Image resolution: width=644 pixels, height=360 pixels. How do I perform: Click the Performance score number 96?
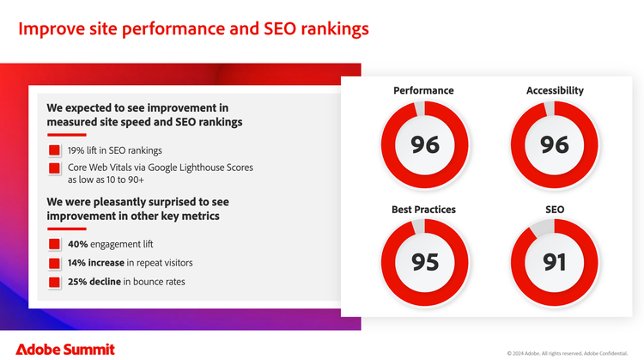click(425, 145)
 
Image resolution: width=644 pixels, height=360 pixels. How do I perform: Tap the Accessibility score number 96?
click(555, 145)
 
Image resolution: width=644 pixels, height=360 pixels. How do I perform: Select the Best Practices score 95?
click(425, 262)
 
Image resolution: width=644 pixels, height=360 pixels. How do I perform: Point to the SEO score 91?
click(555, 262)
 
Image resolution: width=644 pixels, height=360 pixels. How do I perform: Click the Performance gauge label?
click(423, 90)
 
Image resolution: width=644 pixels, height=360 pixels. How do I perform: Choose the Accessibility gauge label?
click(555, 91)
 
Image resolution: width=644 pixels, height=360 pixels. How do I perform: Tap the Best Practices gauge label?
click(423, 210)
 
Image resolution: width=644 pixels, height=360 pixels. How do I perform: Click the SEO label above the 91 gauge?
click(555, 210)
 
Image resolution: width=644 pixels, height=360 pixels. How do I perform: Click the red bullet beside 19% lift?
click(54, 150)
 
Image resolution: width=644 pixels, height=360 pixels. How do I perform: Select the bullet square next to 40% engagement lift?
click(54, 244)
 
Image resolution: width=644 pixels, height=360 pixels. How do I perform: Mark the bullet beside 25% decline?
click(54, 282)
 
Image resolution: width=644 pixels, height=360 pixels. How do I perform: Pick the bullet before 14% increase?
click(54, 263)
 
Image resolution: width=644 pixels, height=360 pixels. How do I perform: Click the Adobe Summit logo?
click(65, 350)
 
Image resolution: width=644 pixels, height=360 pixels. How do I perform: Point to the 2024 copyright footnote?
click(568, 353)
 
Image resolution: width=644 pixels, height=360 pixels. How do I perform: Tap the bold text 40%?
click(78, 244)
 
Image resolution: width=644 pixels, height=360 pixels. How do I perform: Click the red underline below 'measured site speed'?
click(66, 135)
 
